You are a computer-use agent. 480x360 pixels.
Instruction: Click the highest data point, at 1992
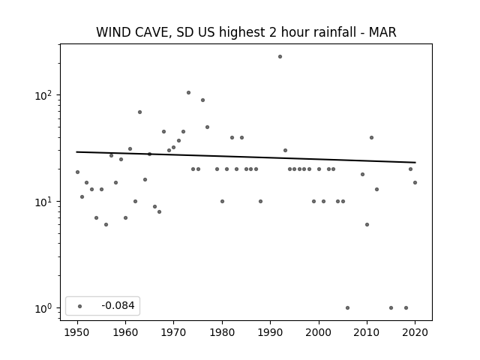280,57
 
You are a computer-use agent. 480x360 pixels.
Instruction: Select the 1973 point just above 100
188,93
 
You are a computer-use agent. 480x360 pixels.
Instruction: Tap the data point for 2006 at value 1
347,308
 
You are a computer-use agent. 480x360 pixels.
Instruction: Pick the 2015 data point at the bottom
391,308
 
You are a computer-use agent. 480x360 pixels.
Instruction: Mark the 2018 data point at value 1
406,308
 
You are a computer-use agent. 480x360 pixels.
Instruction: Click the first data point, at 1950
77,172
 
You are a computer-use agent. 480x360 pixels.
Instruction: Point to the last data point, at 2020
415,183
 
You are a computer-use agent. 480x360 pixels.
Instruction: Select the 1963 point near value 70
140,112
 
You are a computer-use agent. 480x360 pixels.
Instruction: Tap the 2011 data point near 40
372,138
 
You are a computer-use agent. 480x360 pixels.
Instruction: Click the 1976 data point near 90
202,100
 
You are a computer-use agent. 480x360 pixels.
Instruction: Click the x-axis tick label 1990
270,332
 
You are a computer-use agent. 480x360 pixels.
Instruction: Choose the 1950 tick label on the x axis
77,332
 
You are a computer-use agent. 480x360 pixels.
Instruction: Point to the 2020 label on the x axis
415,332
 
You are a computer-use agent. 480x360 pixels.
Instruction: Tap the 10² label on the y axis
43,95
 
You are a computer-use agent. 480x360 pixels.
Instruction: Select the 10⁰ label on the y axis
43,308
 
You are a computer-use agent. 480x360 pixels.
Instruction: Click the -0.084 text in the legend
118,305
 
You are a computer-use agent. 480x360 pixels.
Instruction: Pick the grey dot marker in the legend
80,306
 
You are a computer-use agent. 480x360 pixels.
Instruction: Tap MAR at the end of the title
382,32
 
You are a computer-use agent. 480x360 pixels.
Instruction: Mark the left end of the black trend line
76,151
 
